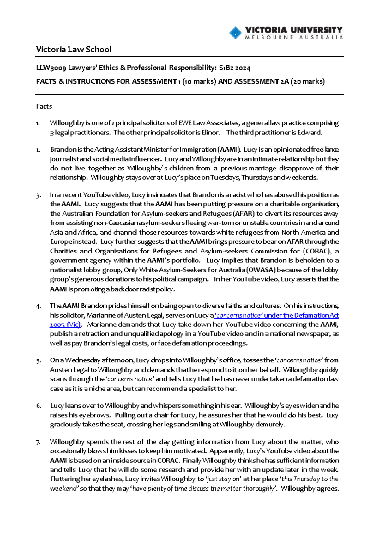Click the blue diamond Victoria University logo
coord(235,33)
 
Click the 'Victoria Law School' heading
coord(74,50)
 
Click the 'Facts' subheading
coord(44,106)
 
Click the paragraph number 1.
coord(38,123)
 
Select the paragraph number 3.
coord(38,195)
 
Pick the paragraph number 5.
coord(38,360)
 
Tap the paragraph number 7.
coord(38,442)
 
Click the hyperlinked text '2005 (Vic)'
coord(65,325)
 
